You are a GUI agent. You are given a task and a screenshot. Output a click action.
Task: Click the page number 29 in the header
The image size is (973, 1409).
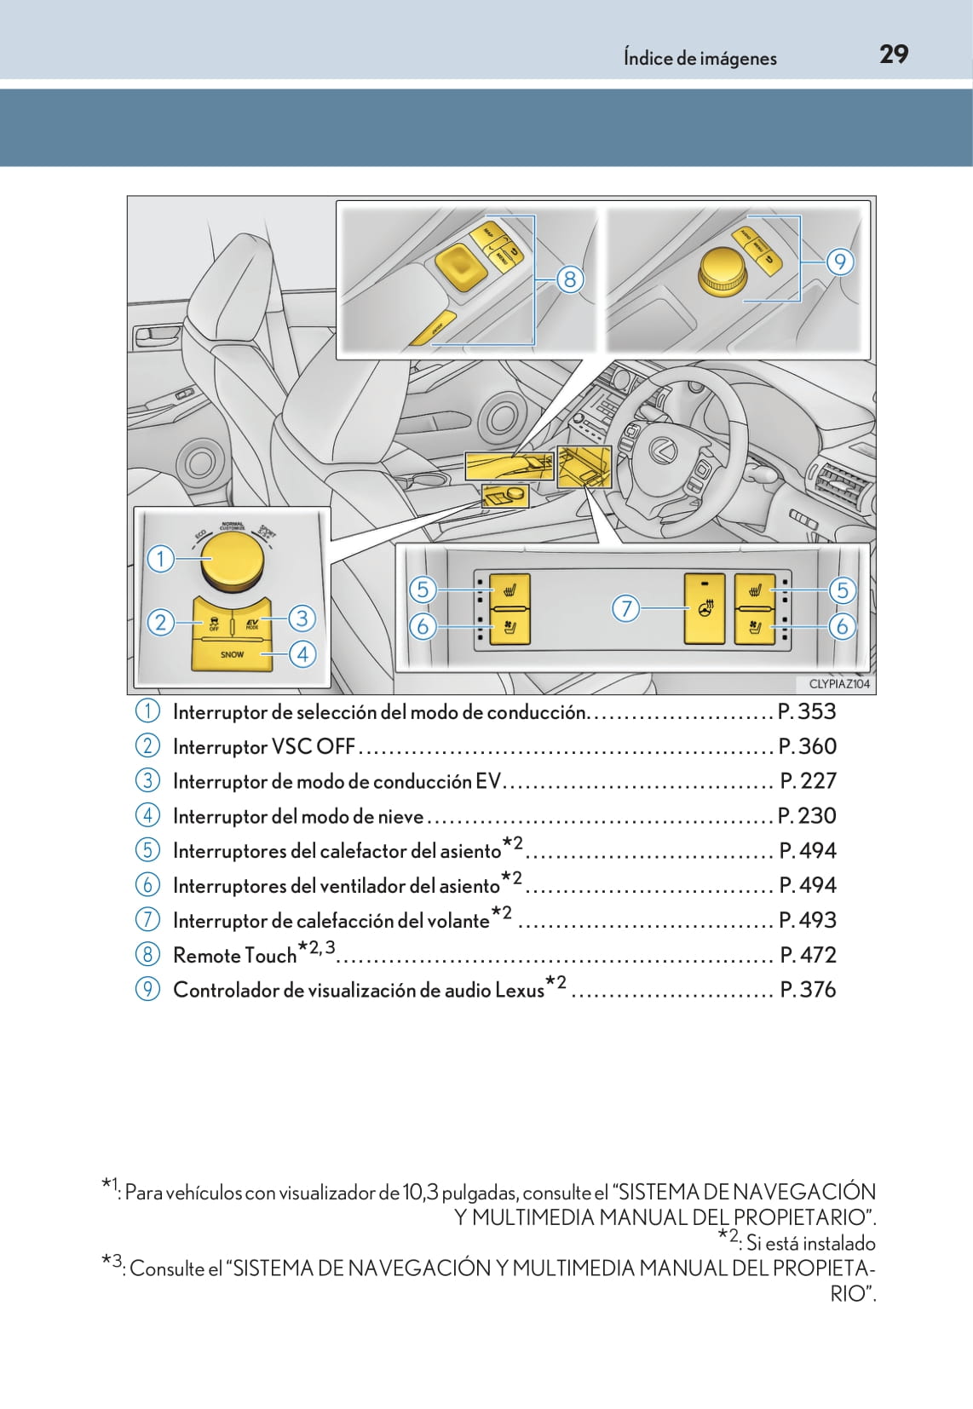894,55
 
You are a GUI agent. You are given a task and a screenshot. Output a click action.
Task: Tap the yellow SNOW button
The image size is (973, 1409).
232,654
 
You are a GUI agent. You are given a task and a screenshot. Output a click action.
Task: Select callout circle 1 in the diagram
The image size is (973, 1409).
160,560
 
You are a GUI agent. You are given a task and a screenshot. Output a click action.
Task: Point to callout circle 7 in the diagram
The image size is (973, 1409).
625,608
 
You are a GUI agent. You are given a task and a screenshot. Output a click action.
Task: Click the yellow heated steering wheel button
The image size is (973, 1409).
705,608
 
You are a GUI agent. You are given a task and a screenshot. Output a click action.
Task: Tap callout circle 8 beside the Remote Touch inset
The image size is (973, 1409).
570,279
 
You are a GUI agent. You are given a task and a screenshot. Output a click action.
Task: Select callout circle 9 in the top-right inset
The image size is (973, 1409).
839,262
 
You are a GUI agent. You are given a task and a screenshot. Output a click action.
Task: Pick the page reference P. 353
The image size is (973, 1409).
807,711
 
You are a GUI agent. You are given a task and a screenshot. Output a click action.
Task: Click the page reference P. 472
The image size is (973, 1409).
808,955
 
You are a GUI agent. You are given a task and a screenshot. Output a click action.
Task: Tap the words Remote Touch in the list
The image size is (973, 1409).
234,956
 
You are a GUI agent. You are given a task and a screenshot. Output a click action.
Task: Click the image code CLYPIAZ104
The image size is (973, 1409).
839,684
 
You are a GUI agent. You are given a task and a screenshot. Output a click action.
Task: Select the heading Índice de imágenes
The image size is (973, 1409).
700,59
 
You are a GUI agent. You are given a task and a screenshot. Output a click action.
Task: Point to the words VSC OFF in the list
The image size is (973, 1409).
312,747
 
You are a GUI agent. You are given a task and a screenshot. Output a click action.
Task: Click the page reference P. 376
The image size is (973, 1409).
808,990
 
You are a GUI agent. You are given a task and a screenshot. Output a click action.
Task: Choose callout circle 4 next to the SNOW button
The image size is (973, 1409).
302,654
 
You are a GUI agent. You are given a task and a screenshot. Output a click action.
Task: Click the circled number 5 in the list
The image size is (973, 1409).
147,850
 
